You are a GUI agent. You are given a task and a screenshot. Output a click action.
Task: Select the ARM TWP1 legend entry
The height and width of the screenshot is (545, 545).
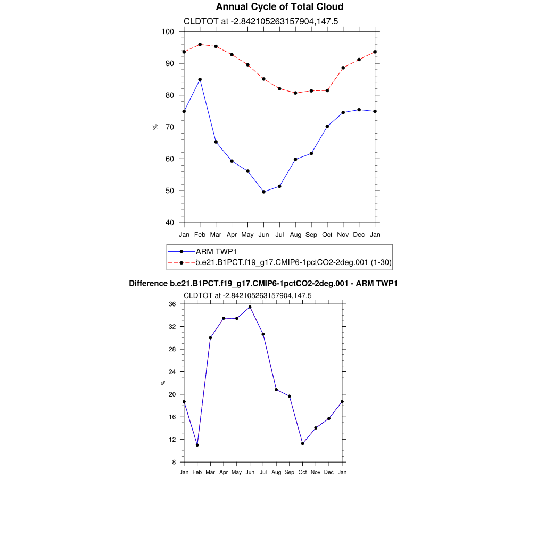216,251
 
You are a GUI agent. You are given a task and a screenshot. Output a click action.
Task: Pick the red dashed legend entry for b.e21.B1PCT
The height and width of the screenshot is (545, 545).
293,262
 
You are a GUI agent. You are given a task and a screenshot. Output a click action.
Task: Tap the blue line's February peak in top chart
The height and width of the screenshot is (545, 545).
200,79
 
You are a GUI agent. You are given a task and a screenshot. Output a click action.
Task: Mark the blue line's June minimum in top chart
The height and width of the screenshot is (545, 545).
263,192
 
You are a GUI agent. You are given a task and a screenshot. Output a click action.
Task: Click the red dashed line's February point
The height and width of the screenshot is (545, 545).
200,44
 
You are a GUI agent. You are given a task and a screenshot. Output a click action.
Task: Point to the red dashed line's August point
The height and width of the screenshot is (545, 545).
295,93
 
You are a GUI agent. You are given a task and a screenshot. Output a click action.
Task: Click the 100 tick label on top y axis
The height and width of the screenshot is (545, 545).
168,31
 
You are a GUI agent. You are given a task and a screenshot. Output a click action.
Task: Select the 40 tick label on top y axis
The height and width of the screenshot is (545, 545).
170,222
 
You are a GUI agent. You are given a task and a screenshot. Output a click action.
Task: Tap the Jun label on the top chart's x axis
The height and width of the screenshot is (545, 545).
263,235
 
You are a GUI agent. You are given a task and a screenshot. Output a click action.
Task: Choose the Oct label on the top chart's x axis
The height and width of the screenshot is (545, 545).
327,235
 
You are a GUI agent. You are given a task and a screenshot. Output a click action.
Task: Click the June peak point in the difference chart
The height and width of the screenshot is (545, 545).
250,307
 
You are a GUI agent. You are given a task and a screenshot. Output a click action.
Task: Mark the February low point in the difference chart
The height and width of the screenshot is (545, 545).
197,445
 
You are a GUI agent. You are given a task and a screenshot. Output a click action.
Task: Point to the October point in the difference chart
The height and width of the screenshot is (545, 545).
302,443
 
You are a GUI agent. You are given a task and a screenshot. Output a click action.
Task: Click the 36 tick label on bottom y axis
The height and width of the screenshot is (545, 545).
172,304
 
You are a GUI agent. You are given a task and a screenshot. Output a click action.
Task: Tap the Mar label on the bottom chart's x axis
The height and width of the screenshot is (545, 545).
210,472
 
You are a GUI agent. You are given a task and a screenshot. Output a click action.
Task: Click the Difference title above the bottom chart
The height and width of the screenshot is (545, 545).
263,284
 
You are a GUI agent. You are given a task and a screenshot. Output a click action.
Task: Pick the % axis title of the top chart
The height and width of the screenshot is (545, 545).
155,127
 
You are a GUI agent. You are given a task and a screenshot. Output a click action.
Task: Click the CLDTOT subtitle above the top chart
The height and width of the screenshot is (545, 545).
261,21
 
